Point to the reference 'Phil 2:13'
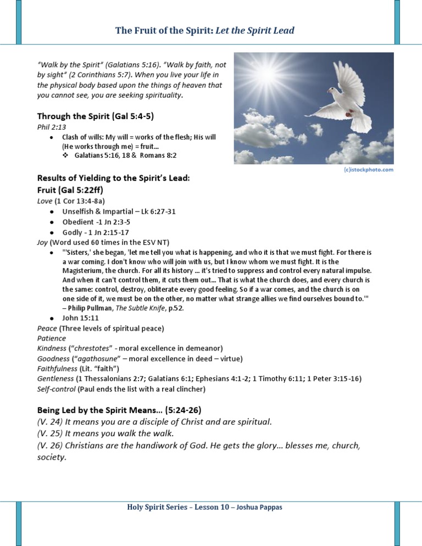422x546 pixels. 48,127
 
